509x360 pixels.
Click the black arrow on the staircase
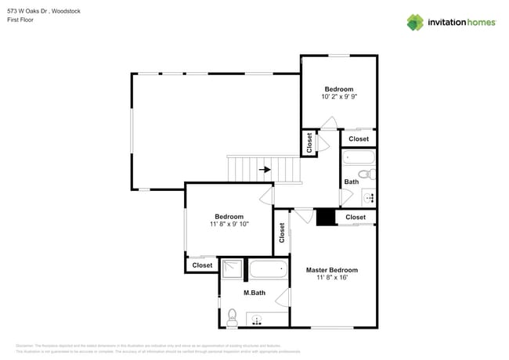pos(265,168)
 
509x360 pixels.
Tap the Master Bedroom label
pos(331,270)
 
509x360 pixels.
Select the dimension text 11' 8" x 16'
pos(331,278)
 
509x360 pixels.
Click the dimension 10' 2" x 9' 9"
pos(339,97)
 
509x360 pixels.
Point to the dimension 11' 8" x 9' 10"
pos(229,225)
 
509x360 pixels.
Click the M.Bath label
pos(254,293)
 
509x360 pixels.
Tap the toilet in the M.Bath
pos(232,317)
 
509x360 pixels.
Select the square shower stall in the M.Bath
pos(232,270)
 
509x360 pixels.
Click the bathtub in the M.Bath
pos(269,271)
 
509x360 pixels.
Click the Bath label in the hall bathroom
pos(351,182)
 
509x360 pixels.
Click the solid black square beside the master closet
pos(325,217)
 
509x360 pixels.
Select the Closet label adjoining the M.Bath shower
pos(202,265)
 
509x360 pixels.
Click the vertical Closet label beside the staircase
pos(309,143)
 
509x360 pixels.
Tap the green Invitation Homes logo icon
pos(415,22)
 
